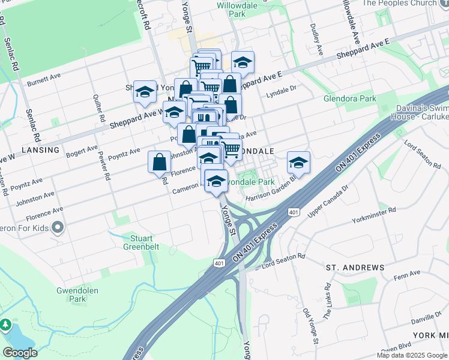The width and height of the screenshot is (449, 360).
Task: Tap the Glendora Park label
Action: (x=349, y=98)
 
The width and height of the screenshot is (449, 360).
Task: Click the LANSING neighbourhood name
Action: (x=40, y=149)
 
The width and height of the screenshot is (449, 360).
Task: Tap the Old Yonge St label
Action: (x=310, y=326)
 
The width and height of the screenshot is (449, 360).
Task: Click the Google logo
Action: (x=20, y=353)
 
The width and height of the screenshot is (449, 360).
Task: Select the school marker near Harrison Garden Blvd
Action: (x=298, y=162)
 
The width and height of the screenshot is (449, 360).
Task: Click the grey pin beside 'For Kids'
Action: (x=58, y=227)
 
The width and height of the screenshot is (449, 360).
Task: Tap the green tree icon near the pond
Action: (x=6, y=325)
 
